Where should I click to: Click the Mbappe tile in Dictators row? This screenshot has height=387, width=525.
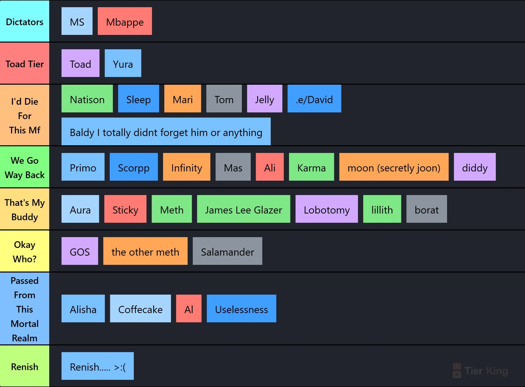pyautogui.click(x=125, y=21)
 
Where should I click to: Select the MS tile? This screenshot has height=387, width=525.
pyautogui.click(x=77, y=21)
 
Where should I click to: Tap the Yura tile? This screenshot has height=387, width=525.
pyautogui.click(x=123, y=63)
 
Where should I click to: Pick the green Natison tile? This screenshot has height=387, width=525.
pyautogui.click(x=87, y=99)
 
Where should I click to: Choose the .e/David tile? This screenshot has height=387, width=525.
pyautogui.click(x=314, y=99)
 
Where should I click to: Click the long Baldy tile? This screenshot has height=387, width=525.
pyautogui.click(x=166, y=131)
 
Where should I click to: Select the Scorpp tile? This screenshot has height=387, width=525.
pyautogui.click(x=134, y=167)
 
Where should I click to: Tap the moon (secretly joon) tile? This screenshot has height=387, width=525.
pyautogui.click(x=394, y=167)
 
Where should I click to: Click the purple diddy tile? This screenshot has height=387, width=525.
pyautogui.click(x=475, y=167)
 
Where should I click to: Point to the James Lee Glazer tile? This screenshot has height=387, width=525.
pyautogui.click(x=244, y=209)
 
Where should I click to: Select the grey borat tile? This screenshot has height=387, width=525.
pyautogui.click(x=427, y=209)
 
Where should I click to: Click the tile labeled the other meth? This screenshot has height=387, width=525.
pyautogui.click(x=145, y=251)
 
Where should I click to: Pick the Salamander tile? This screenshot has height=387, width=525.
pyautogui.click(x=227, y=251)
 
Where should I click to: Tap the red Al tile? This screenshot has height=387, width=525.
pyautogui.click(x=189, y=308)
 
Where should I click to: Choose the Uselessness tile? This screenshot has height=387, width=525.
pyautogui.click(x=241, y=308)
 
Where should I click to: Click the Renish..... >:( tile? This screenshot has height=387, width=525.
pyautogui.click(x=98, y=366)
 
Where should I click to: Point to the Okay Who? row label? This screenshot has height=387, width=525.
pyautogui.click(x=25, y=251)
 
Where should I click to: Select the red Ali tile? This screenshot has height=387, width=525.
pyautogui.click(x=270, y=167)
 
